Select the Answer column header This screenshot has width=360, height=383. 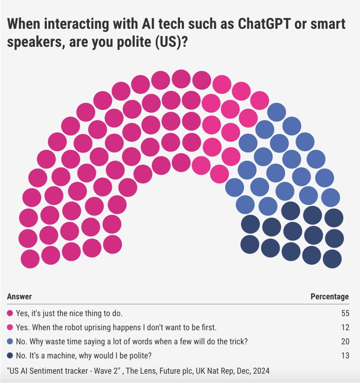tap(19, 296)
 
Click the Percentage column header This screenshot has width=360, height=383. tap(329, 296)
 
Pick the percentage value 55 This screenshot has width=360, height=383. tap(345, 313)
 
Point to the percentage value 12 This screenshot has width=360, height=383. tap(345, 327)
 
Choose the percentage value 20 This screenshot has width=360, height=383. tap(345, 341)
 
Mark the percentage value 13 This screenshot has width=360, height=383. tap(345, 355)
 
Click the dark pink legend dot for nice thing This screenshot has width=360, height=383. tap(10, 313)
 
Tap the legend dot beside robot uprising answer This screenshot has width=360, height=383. tap(10, 327)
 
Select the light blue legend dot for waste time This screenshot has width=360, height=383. tap(10, 341)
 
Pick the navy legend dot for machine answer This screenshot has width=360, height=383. tap(10, 355)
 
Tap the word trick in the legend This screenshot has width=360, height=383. tap(236, 341)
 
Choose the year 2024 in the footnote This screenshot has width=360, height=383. tap(261, 371)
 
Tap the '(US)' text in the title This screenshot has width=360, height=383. tap(168, 42)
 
